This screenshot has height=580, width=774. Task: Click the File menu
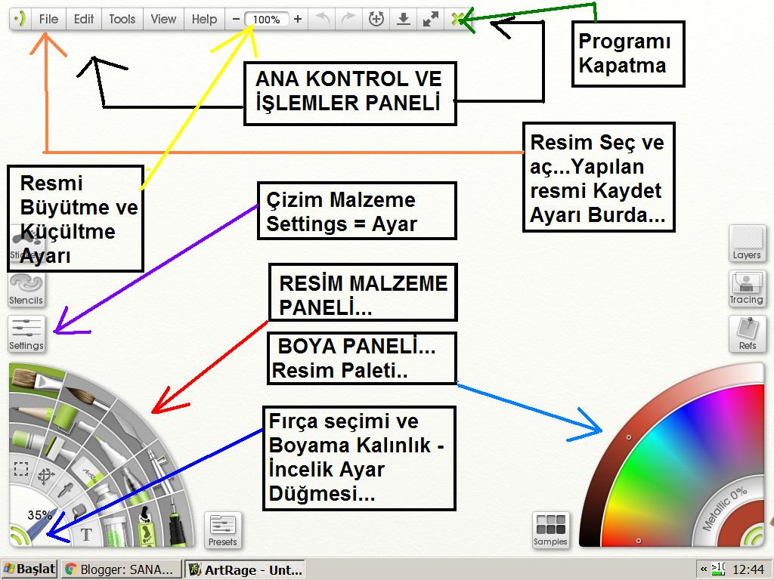(48, 20)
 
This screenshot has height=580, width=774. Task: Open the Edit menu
(84, 20)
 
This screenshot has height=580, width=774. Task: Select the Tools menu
(122, 20)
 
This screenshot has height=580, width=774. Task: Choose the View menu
(163, 20)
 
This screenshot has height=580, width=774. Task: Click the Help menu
(204, 20)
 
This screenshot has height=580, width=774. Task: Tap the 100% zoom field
(267, 20)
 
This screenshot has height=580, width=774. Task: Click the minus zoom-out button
(237, 20)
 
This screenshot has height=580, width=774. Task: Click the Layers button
(747, 242)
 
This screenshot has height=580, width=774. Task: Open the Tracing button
(747, 288)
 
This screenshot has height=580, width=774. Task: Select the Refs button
(747, 333)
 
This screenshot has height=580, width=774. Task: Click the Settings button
(26, 333)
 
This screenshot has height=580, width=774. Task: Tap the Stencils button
(26, 288)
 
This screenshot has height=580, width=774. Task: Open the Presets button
(223, 529)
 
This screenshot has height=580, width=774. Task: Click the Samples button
(550, 529)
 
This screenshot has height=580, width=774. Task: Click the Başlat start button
(29, 569)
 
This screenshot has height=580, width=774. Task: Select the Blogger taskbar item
(122, 569)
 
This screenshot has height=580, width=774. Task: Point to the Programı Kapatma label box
(628, 54)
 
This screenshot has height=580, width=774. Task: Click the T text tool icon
(87, 535)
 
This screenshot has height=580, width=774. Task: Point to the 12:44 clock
(748, 569)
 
